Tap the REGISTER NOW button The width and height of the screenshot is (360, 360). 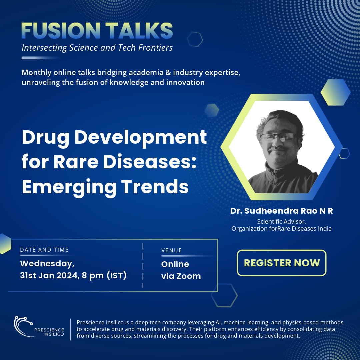point(282,263)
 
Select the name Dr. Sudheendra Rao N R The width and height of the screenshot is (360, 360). point(281,211)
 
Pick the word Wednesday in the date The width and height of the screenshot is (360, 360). point(47,264)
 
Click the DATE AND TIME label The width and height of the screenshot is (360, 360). point(44,250)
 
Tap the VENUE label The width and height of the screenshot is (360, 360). point(171,250)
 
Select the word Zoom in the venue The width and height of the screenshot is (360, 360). point(189,276)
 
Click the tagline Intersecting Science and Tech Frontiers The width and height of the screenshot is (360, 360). point(97,48)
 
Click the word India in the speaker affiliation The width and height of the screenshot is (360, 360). point(322,229)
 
